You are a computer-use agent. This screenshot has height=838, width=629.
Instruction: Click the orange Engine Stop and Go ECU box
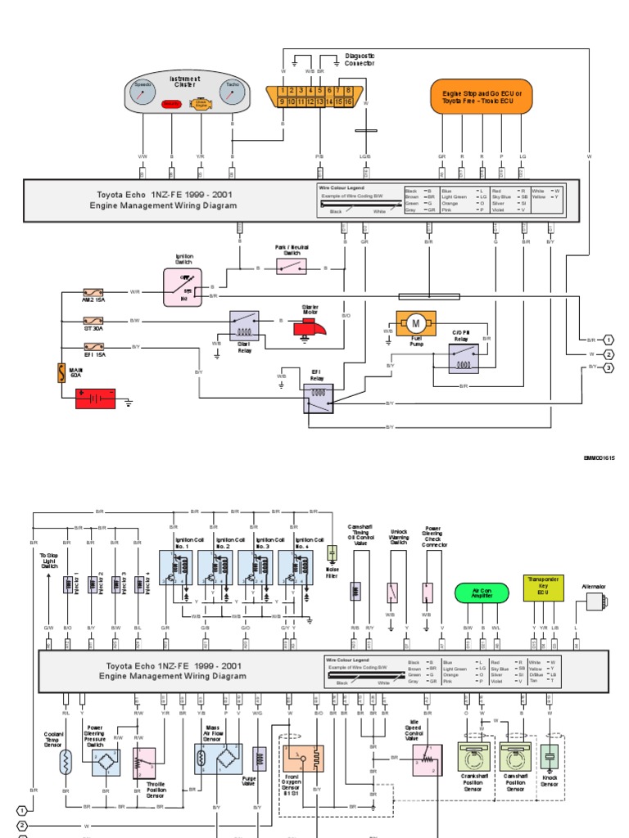481,97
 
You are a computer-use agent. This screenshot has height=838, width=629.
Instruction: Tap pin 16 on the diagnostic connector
348,102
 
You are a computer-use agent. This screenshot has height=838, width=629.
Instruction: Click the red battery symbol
96,399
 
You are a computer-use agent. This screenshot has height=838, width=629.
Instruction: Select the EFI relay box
319,398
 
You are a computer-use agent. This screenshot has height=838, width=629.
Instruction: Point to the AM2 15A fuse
93,291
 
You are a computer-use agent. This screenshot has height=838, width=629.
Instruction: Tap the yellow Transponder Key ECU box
543,588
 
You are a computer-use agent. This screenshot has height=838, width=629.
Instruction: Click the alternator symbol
595,602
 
